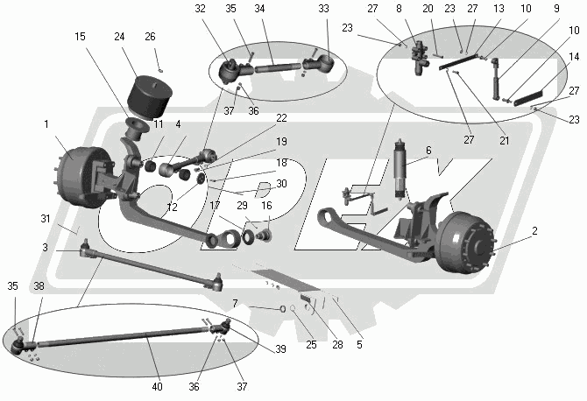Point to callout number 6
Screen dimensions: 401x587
pyautogui.click(x=428, y=150)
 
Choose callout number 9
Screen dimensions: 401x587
pyautogui.click(x=555, y=9)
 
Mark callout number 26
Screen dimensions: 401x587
pyautogui.click(x=150, y=37)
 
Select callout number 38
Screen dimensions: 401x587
pyautogui.click(x=39, y=285)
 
